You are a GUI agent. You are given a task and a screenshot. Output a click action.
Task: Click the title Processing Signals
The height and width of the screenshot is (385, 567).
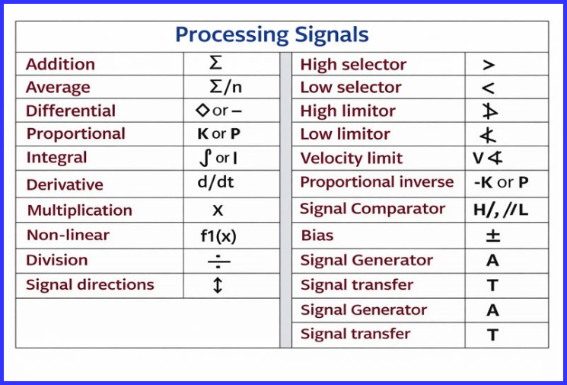point(272,35)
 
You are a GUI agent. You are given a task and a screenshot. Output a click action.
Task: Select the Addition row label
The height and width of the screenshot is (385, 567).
point(60,64)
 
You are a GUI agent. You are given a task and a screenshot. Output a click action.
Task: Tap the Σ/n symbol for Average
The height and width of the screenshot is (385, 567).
point(225,87)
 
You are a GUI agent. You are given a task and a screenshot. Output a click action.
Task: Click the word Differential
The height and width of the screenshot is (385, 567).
point(71,111)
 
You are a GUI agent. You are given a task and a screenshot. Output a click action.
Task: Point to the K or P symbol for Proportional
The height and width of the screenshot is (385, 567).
point(218,134)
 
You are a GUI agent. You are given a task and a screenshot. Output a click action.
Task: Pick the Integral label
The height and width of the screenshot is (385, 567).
point(56,158)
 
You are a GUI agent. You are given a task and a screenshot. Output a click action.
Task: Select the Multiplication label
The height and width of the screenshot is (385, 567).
point(80,210)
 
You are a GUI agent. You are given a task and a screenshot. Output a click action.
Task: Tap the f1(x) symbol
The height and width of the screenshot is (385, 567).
point(218,236)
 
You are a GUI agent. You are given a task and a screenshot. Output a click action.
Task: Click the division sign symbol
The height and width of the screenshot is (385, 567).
point(218,261)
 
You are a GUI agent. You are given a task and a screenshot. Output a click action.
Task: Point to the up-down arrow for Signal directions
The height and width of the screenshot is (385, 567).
point(218,286)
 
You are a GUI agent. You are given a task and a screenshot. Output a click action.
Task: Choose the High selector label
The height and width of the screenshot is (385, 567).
point(353,65)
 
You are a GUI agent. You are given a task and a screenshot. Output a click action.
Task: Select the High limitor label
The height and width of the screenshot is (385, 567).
point(348,111)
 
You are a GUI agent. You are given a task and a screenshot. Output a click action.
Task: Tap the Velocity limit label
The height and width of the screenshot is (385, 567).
point(352,159)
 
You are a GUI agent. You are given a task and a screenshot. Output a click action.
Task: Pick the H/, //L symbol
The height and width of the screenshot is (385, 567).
point(502,209)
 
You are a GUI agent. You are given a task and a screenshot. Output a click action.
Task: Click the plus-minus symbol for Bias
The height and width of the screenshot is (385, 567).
point(492,236)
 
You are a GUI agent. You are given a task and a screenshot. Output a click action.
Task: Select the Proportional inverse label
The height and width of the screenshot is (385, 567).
point(377,182)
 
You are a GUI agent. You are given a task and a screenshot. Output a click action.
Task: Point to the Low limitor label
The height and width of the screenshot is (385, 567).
point(345,134)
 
